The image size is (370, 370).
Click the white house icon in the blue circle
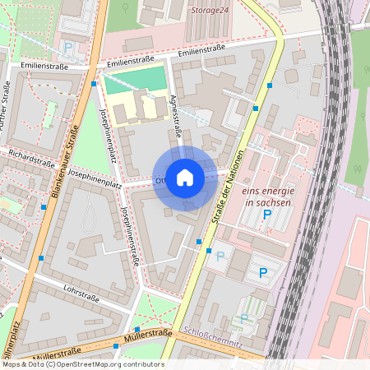coord(185,178)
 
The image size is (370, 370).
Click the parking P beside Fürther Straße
coord(68,47)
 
